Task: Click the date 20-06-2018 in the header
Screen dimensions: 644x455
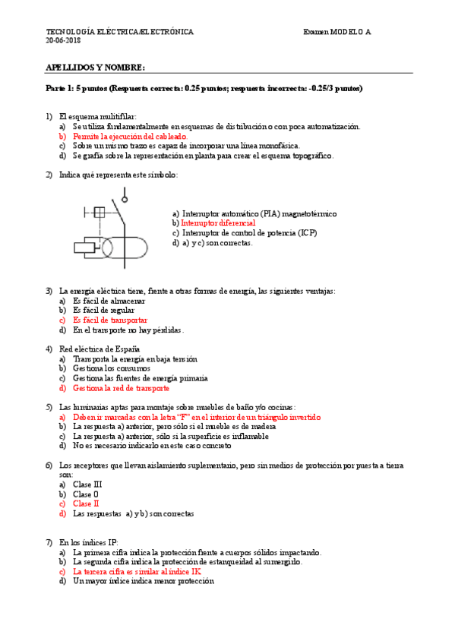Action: tap(64, 41)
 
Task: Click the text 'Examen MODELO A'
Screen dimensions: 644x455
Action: tap(337, 32)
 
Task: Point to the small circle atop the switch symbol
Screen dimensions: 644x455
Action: tap(125, 198)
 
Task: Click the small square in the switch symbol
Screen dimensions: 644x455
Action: tap(98, 213)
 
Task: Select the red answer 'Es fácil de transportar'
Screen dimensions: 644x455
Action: tap(110, 320)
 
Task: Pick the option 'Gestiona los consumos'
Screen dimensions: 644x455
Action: tap(109, 368)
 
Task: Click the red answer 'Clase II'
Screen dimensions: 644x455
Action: tap(86, 504)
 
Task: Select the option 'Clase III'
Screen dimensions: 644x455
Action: tap(87, 484)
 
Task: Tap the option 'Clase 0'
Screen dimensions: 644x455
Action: tap(86, 494)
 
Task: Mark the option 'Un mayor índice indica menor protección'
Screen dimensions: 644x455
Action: tap(144, 581)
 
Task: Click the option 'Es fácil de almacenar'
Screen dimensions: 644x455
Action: tap(109, 301)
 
